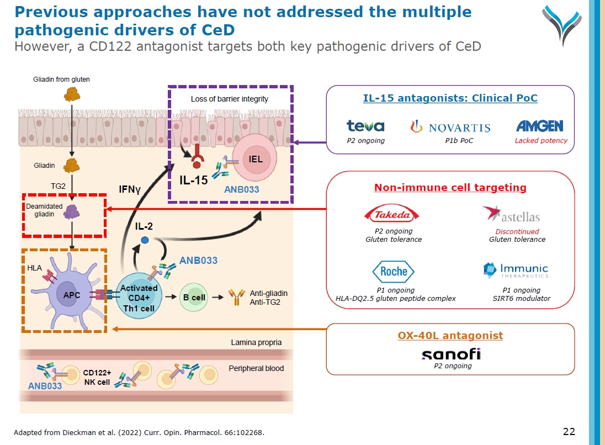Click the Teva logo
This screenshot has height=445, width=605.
pyautogui.click(x=365, y=126)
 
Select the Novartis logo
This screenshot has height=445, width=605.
pyautogui.click(x=450, y=127)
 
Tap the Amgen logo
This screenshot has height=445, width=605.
pyautogui.click(x=540, y=126)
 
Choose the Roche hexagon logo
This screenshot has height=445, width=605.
pyautogui.click(x=394, y=271)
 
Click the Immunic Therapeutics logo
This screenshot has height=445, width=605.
pyautogui.click(x=516, y=271)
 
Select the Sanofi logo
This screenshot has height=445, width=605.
pyautogui.click(x=451, y=354)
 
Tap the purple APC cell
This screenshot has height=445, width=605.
pyautogui.click(x=72, y=295)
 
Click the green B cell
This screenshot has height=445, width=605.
pyautogui.click(x=194, y=298)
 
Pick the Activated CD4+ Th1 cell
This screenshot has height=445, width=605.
pyautogui.click(x=139, y=298)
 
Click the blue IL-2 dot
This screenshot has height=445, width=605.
pyautogui.click(x=145, y=240)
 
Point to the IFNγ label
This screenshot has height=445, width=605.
pyautogui.click(x=130, y=190)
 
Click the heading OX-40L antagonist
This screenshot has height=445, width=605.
pyautogui.click(x=450, y=335)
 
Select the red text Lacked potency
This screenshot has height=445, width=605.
pyautogui.click(x=541, y=141)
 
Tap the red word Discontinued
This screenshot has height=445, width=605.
pyautogui.click(x=517, y=231)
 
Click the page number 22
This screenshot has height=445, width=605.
pyautogui.click(x=569, y=431)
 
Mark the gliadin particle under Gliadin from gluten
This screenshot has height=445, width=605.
pyautogui.click(x=71, y=94)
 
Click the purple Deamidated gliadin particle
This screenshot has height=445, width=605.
pyautogui.click(x=72, y=211)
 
